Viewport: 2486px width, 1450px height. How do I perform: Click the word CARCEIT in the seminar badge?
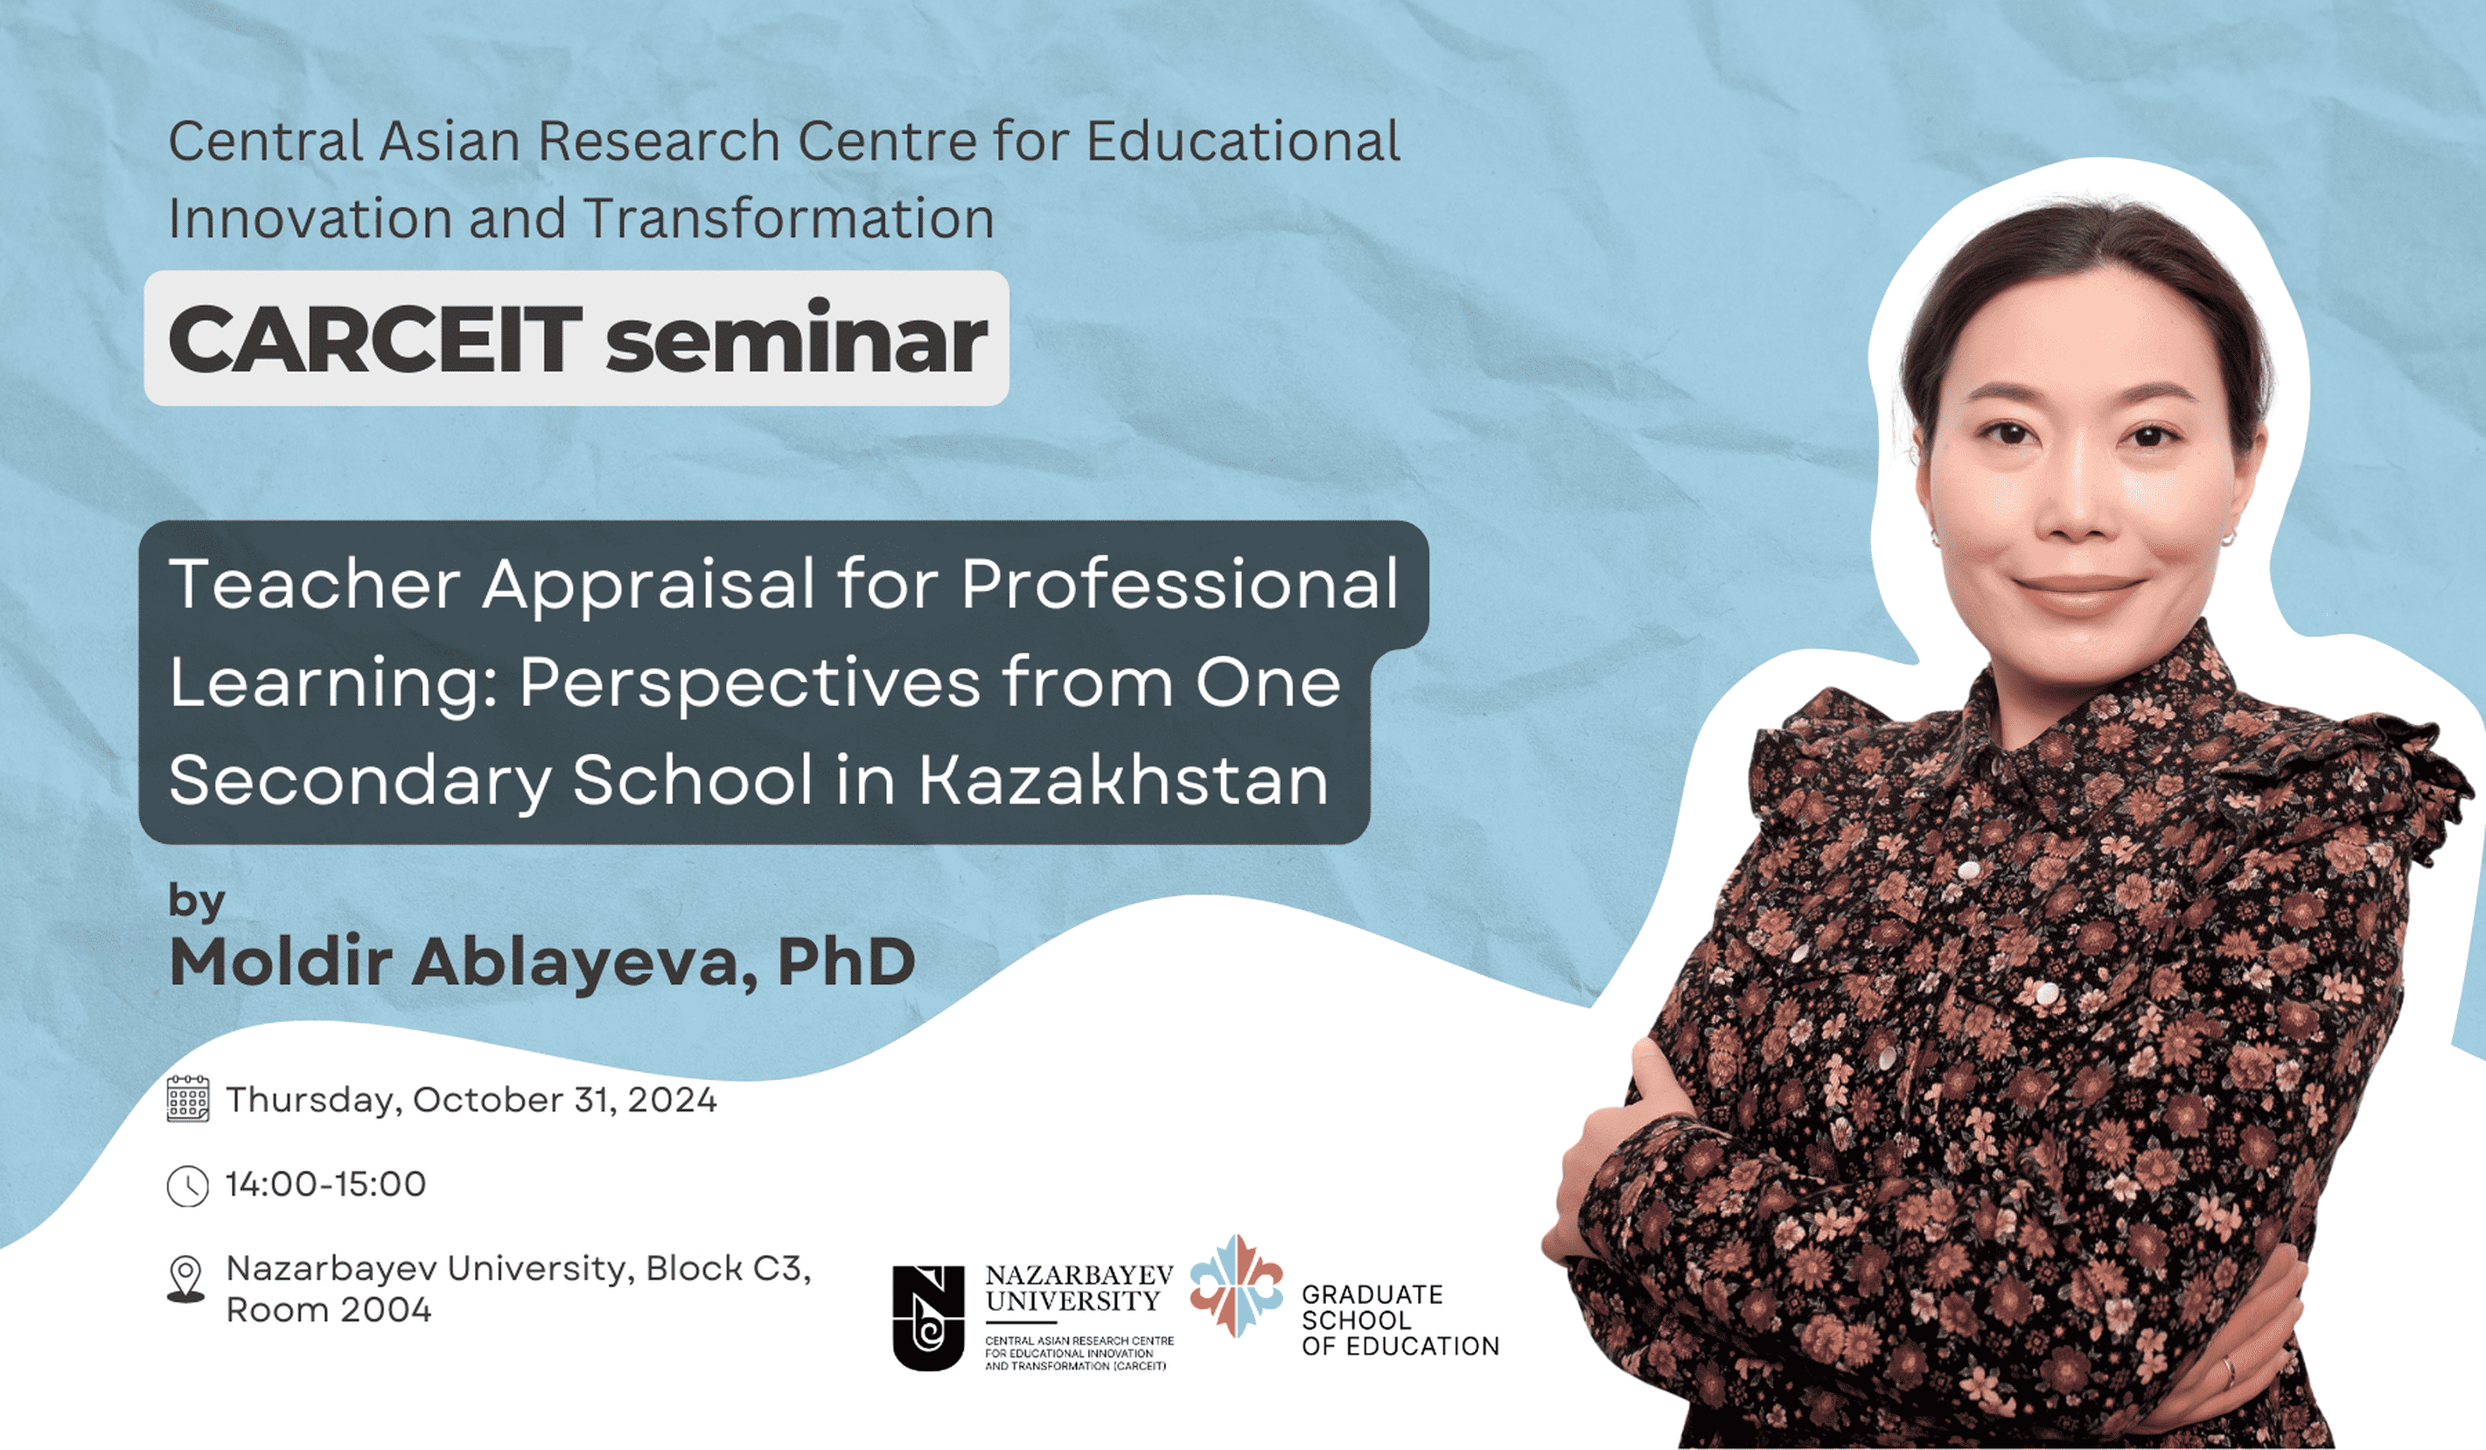tap(376, 339)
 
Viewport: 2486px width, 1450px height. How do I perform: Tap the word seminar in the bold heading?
tap(796, 338)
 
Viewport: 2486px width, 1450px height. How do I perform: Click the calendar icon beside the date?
tap(187, 1098)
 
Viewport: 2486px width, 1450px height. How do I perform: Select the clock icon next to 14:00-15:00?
tap(187, 1186)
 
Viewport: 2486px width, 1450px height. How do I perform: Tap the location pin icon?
tap(186, 1279)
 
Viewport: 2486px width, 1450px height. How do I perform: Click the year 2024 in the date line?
tap(672, 1098)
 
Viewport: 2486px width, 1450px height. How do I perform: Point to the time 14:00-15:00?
tap(326, 1183)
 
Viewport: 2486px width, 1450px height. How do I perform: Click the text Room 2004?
tap(329, 1310)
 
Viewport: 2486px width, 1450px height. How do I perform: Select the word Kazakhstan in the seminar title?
tap(1124, 779)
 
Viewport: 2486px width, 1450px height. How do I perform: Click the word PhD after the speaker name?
tap(847, 961)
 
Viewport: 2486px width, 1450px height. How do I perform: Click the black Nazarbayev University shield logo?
tap(928, 1318)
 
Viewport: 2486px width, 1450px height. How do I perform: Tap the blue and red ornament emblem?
tap(1236, 1286)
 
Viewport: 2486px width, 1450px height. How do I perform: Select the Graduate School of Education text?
tap(1400, 1320)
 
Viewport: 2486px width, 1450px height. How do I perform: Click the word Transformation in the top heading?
tap(788, 218)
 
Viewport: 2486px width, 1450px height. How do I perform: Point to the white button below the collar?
tap(1969, 869)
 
